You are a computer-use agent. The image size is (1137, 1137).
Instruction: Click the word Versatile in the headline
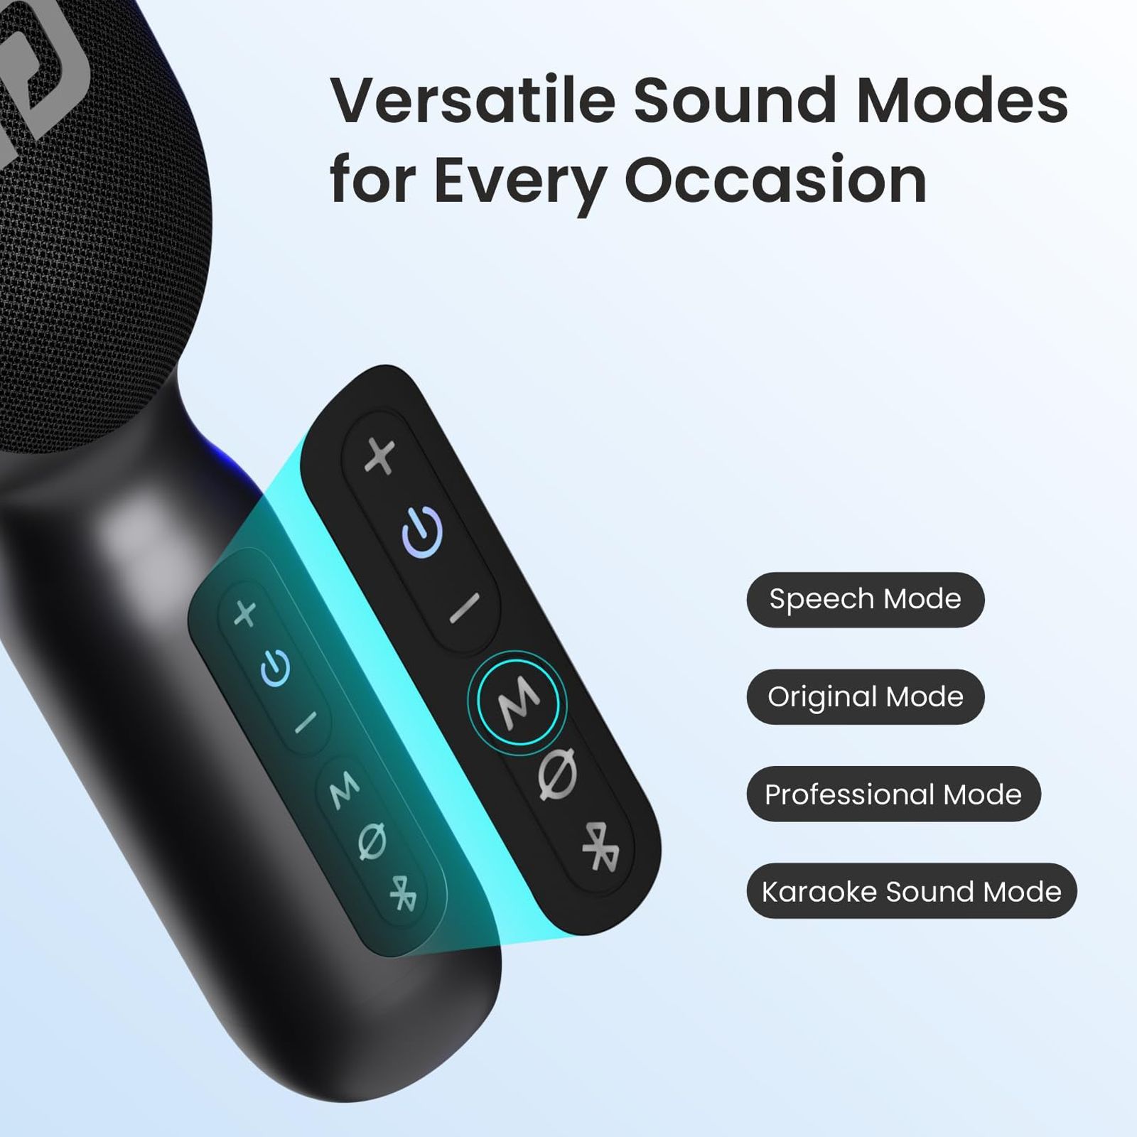(x=473, y=100)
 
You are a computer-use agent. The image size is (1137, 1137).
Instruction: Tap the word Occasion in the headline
(x=776, y=180)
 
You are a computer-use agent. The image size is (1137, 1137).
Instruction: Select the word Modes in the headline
(x=962, y=100)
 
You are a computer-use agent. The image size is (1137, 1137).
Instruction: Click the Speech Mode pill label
(x=865, y=599)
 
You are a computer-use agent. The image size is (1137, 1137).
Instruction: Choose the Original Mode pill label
(x=865, y=696)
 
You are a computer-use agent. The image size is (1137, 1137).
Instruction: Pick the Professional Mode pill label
(x=893, y=794)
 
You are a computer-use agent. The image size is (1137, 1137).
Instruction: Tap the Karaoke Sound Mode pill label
(x=911, y=891)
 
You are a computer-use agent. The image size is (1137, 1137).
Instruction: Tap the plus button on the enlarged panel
(x=380, y=456)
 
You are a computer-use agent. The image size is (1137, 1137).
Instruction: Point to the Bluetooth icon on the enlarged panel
(x=600, y=847)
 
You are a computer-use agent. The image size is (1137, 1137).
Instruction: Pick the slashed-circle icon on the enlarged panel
(x=558, y=775)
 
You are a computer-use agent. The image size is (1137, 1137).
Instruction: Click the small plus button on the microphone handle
(x=245, y=613)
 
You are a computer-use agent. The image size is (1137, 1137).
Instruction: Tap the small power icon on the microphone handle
(x=275, y=668)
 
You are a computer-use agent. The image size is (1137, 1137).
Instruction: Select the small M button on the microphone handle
(x=345, y=789)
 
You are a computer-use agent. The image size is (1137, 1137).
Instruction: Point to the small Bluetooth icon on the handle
(x=404, y=893)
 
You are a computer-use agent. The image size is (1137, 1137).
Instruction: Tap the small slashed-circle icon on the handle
(x=372, y=842)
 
